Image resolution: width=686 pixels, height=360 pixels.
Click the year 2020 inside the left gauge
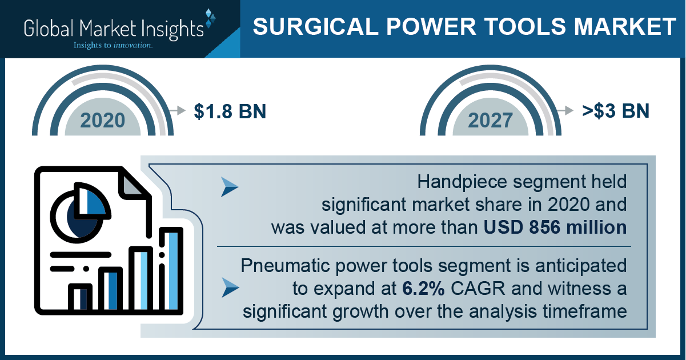click(103, 121)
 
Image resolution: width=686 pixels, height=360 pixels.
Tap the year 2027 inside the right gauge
click(490, 121)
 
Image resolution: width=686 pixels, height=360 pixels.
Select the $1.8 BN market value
click(230, 111)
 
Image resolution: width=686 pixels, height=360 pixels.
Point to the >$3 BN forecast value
click(616, 111)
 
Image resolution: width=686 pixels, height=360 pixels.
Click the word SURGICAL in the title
click(316, 26)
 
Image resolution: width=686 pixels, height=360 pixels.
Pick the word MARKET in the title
click(625, 26)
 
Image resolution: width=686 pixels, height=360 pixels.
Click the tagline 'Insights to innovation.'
click(113, 45)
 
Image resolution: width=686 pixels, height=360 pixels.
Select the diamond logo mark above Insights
click(210, 18)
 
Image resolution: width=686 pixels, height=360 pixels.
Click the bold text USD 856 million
click(555, 227)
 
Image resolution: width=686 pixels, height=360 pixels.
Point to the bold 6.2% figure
click(423, 289)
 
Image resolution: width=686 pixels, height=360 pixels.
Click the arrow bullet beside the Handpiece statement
click(229, 187)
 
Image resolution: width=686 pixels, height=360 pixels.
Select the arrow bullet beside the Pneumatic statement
click(230, 287)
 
